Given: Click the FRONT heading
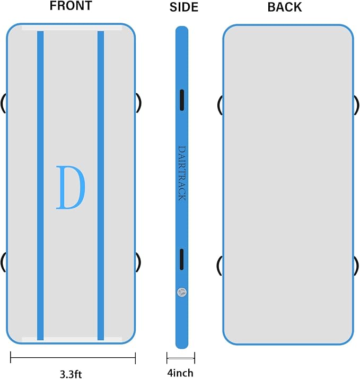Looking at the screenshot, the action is (71, 6).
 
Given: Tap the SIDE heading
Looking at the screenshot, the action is (184, 7).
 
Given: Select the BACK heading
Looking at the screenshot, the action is (285, 7).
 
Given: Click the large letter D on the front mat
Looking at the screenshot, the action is (71, 187).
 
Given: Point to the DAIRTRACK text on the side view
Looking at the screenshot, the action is (182, 173).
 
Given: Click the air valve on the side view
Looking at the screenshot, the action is (181, 293).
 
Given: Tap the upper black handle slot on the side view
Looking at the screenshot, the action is (182, 100).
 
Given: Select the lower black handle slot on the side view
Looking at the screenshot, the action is (181, 259).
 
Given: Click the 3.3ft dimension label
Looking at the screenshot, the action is (71, 374).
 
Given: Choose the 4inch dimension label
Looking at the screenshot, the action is (180, 373).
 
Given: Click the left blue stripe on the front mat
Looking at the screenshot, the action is (40, 186).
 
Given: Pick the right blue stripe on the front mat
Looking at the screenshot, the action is (101, 186).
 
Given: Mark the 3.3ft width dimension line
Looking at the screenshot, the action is (73, 357).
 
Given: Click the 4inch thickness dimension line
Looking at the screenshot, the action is (181, 358).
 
